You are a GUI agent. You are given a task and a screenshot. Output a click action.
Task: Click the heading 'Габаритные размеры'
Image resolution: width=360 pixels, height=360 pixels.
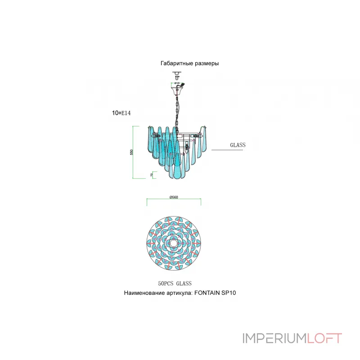pos(189,63)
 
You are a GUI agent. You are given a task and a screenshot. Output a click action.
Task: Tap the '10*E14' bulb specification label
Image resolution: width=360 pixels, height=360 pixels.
pos(121,113)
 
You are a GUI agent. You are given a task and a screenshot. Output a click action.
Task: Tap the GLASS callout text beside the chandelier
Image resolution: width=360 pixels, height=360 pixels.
pos(237,145)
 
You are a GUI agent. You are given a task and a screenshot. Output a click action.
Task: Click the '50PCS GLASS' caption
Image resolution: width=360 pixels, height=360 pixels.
pos(175,283)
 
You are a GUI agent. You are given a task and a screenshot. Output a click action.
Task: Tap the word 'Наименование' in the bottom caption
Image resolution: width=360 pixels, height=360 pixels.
pos(144,292)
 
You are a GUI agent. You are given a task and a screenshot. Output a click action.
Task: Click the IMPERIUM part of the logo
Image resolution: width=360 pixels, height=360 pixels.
pos(274,338)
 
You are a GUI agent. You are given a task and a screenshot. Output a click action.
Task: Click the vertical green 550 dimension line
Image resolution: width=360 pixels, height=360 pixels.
pos(133,152)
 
